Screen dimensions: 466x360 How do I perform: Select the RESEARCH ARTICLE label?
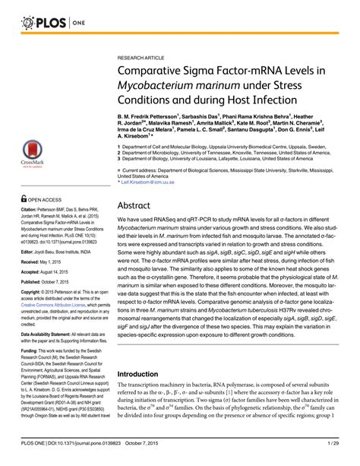(x=143, y=57)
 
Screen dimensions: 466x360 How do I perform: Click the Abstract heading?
(x=137, y=185)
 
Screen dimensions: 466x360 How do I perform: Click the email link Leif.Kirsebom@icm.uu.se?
(x=150, y=161)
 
